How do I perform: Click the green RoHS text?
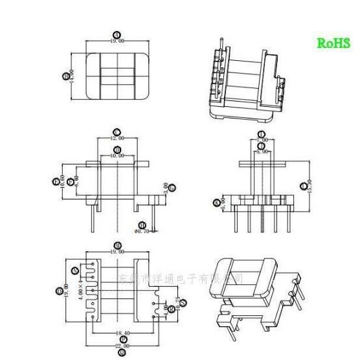[x=333, y=43]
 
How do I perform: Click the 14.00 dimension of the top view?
[x=72, y=76]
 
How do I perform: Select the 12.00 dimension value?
[x=117, y=139]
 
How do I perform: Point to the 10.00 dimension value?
[x=117, y=155]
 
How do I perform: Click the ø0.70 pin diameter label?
[x=141, y=230]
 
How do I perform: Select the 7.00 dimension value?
[x=262, y=139]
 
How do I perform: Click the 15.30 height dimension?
[x=310, y=186]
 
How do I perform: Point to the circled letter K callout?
[x=216, y=203]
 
